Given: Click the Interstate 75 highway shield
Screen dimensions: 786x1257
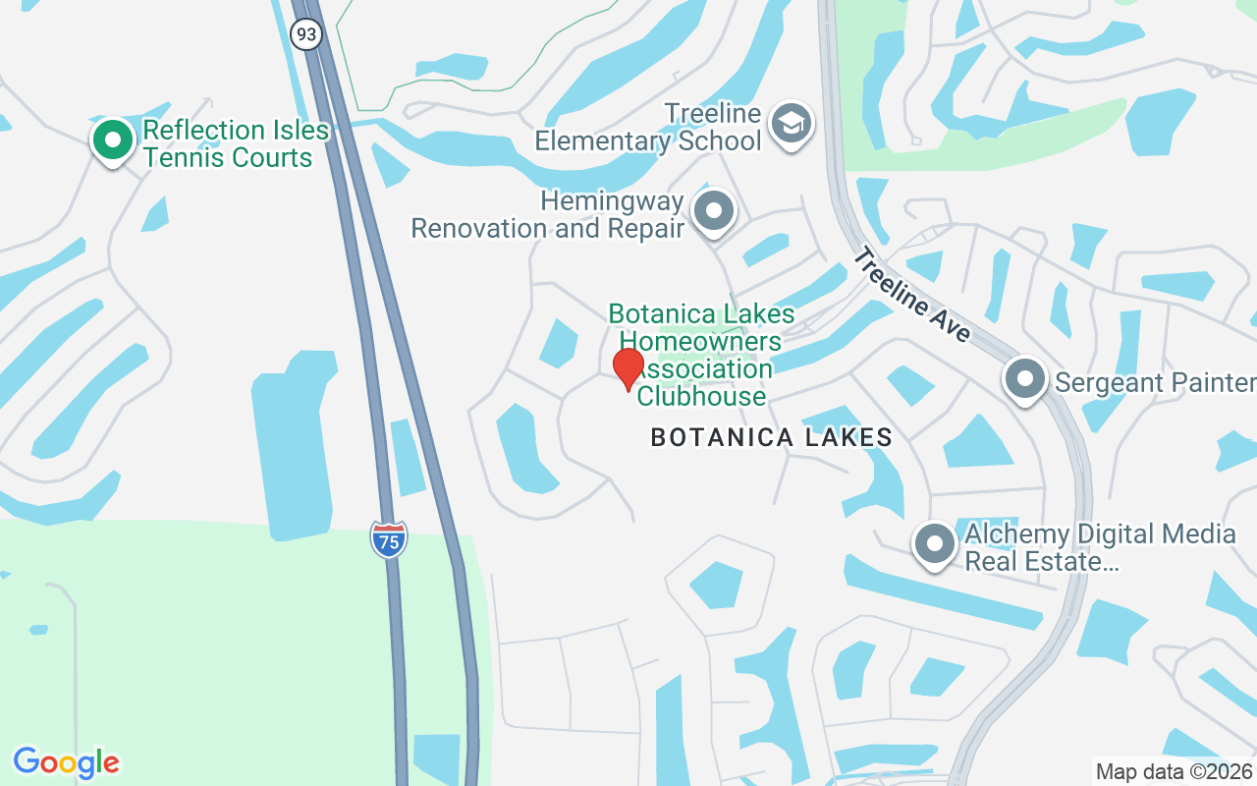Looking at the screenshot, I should click(389, 540).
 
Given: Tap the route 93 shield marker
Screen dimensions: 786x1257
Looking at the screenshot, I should click(306, 34).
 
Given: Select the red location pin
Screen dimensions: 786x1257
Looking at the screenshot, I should click(628, 369).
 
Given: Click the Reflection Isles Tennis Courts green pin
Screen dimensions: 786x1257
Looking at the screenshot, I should click(113, 140).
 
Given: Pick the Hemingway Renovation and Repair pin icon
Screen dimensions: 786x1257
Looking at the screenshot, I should click(713, 211).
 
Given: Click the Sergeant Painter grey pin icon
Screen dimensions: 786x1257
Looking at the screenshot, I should click(1025, 378).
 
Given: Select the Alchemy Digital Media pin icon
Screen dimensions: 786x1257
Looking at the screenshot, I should click(934, 543).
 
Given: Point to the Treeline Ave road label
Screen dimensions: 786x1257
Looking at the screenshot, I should click(911, 295).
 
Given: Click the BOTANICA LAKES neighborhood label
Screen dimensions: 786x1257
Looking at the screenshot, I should click(772, 438).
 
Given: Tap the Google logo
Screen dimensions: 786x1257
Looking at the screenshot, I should click(67, 761).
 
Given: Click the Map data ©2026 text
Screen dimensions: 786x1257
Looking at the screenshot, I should click(1174, 771).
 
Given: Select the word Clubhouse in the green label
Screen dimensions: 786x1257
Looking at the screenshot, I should click(701, 397).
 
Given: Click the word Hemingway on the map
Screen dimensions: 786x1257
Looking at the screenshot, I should click(612, 201).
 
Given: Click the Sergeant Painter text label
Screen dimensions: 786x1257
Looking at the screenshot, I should click(1155, 382).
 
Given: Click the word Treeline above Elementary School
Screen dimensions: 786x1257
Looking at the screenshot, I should click(712, 114).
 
